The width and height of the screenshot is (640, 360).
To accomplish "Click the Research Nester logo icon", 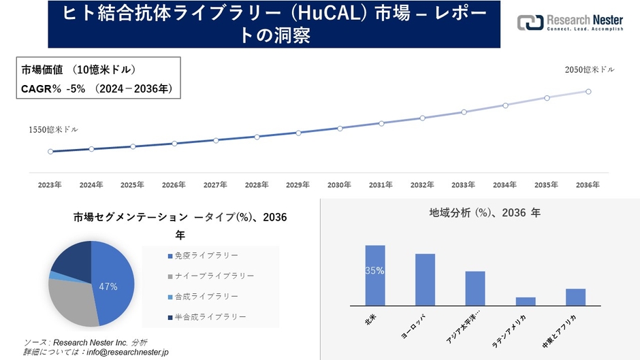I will [x=530, y=22].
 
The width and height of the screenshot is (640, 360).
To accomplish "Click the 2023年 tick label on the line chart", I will [x=50, y=184].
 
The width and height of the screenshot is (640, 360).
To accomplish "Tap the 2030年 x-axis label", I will [x=339, y=184].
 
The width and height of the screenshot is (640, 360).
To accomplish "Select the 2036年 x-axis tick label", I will [x=588, y=184].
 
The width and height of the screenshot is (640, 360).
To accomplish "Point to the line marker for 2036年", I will [x=588, y=91].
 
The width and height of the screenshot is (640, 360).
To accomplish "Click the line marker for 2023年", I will [x=50, y=152].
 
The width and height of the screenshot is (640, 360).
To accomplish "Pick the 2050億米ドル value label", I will [x=589, y=69].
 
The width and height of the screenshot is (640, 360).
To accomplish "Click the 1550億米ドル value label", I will [x=53, y=129].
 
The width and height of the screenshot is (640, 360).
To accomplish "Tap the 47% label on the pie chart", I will [x=108, y=287].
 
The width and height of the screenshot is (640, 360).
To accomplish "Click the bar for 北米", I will [x=375, y=275].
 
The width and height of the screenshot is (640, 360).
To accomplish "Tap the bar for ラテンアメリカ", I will [x=526, y=301].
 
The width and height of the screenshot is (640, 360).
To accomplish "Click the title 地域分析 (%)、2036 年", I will [x=484, y=213].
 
